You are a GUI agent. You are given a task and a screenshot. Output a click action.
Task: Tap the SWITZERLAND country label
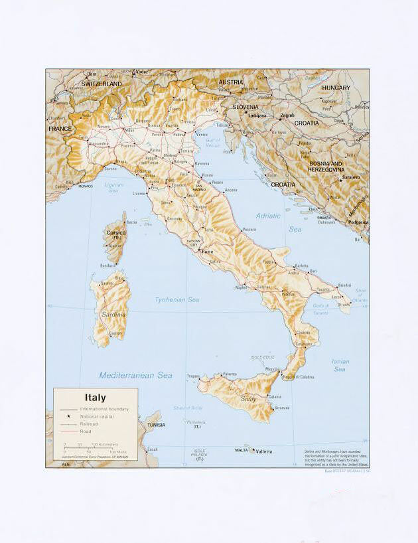pyautogui.click(x=101, y=84)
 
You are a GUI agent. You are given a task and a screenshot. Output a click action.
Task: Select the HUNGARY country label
pyautogui.click(x=336, y=88)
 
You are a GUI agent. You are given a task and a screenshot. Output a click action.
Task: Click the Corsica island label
pyautogui.click(x=115, y=232)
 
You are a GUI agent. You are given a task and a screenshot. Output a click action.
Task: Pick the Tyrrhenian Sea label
pyautogui.click(x=176, y=300)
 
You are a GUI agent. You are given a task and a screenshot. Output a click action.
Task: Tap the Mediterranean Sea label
pyautogui.click(x=135, y=376)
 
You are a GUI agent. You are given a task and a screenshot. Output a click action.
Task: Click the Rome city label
pyautogui.click(x=208, y=252)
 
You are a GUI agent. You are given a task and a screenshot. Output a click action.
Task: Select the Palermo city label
pyautogui.click(x=230, y=374)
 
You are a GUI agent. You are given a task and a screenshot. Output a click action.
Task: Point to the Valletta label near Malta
pyautogui.click(x=263, y=451)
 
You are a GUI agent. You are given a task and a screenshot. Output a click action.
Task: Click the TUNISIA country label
pyautogui.click(x=156, y=425)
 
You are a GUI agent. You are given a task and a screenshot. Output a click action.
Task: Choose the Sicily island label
pyautogui.click(x=248, y=399)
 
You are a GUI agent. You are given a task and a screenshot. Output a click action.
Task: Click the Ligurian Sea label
pyautogui.click(x=113, y=187)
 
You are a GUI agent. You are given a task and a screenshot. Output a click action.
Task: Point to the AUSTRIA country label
pyautogui.click(x=231, y=82)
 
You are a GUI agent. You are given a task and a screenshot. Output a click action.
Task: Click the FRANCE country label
pyautogui.click(x=60, y=129)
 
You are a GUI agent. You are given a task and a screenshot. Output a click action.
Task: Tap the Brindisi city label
pyautogui.click(x=344, y=285)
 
